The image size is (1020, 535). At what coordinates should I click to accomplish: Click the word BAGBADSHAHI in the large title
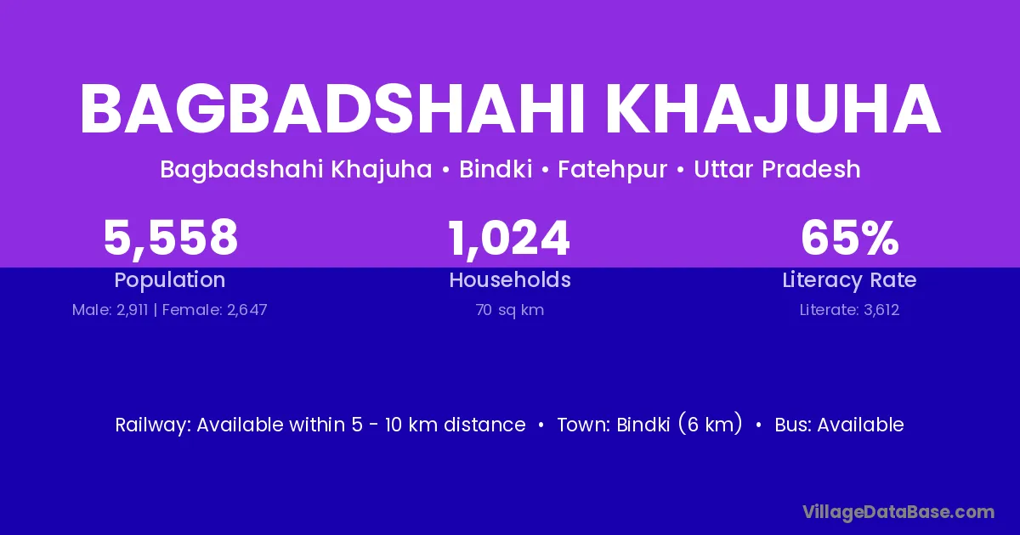[332, 110]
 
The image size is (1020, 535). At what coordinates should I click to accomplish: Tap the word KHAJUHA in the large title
[773, 110]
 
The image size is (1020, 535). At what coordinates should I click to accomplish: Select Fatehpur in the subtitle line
[613, 170]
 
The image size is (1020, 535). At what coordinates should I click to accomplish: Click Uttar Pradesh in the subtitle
[777, 169]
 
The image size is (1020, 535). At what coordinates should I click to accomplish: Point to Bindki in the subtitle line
[496, 169]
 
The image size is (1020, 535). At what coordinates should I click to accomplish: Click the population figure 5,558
[171, 238]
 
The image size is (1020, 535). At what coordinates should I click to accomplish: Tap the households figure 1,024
[509, 239]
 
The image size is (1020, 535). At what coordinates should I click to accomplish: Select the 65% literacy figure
[850, 238]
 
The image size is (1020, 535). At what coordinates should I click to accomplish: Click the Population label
[170, 280]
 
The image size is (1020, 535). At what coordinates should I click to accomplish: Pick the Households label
[510, 279]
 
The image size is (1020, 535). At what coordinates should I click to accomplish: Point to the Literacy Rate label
[849, 280]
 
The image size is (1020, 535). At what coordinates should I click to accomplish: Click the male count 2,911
[132, 310]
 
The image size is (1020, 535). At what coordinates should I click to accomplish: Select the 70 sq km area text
[510, 310]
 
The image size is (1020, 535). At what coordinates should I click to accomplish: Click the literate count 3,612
[881, 310]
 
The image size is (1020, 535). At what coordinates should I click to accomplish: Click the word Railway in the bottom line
[152, 425]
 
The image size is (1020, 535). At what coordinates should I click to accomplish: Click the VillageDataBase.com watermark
[898, 512]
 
